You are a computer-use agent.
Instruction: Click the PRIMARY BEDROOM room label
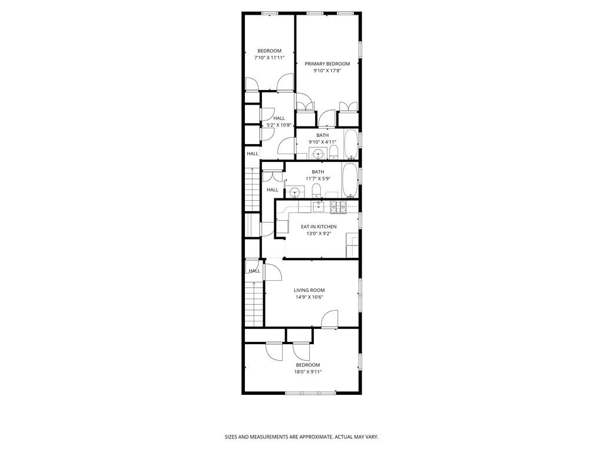click(327, 64)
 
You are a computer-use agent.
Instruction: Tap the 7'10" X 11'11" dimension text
click(269, 58)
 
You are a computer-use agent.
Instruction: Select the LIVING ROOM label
click(309, 290)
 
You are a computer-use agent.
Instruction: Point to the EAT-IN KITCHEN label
click(319, 227)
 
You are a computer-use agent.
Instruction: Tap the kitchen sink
click(318, 206)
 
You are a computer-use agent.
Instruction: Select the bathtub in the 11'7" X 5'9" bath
click(350, 181)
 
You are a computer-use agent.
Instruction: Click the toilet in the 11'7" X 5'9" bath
click(316, 190)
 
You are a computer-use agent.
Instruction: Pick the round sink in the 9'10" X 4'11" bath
click(318, 154)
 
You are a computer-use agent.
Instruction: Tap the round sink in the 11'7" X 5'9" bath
click(294, 192)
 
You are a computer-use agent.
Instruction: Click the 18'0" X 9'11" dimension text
click(308, 371)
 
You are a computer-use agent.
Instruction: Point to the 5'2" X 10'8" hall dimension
click(279, 125)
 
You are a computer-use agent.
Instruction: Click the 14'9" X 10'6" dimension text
click(309, 297)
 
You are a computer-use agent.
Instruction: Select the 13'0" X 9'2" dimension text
click(319, 234)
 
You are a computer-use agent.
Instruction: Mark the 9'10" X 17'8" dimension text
click(327, 71)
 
